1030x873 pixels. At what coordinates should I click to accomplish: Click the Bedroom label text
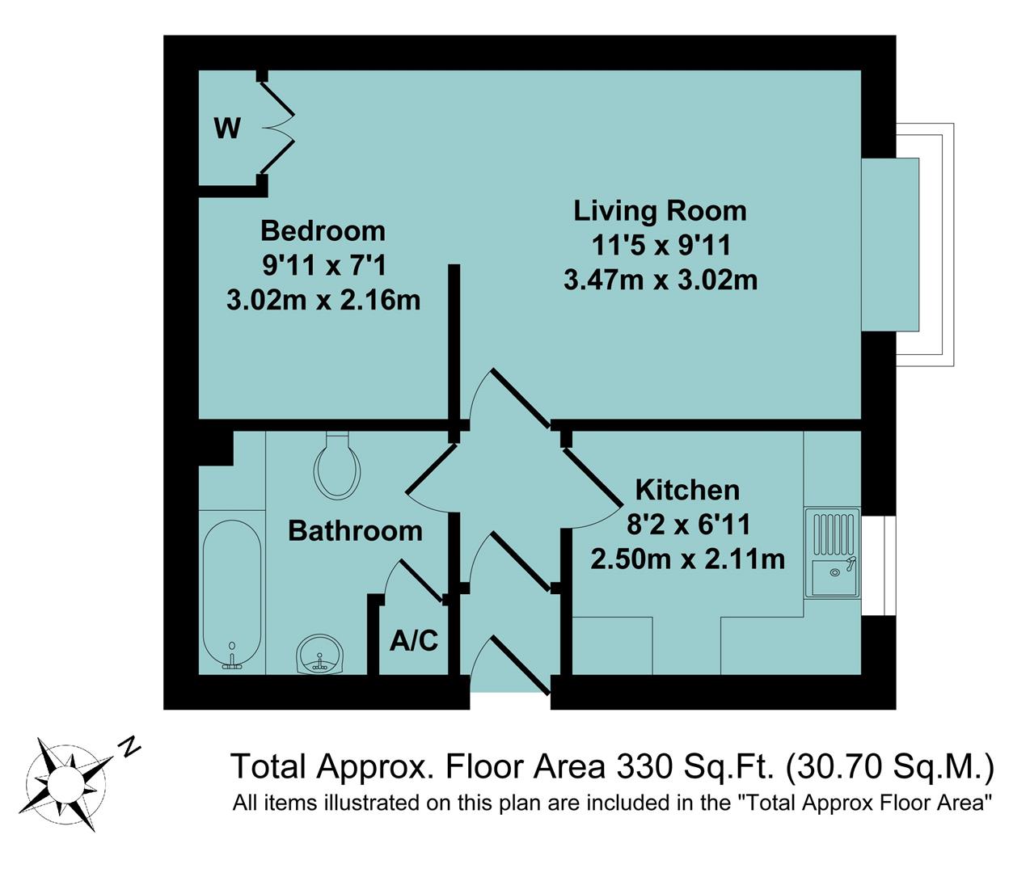(323, 231)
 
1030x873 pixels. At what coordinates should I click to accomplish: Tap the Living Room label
(660, 211)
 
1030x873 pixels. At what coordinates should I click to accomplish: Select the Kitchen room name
(687, 490)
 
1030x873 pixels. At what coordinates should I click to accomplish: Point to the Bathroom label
(355, 531)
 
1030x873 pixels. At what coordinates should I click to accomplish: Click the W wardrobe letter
(227, 128)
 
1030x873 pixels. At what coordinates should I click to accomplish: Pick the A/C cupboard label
(413, 641)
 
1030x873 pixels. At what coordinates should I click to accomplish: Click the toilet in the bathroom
(337, 466)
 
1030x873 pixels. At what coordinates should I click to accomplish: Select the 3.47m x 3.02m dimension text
(660, 280)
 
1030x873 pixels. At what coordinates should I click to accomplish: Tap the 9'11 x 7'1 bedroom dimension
(323, 265)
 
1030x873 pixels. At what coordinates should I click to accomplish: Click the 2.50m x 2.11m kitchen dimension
(687, 559)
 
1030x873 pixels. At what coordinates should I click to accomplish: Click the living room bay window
(905, 245)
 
